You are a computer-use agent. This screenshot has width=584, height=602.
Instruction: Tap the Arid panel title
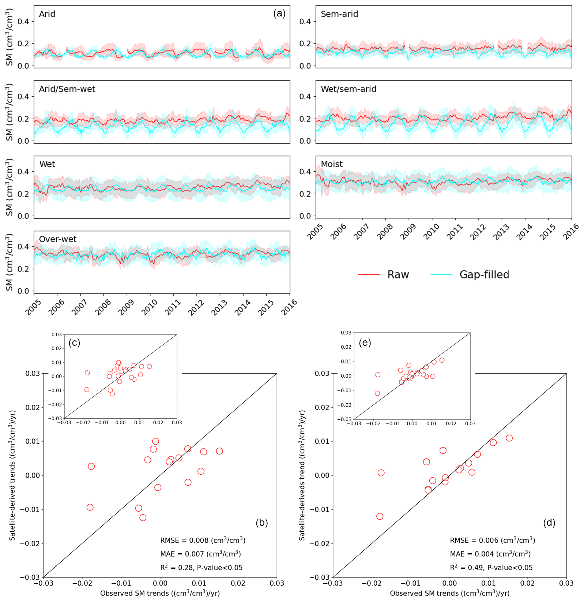coord(47,14)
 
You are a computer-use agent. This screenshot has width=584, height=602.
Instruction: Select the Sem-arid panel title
coord(339,14)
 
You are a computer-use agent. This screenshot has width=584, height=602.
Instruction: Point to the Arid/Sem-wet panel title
coord(67,89)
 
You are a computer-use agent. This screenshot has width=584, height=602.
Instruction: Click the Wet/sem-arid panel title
coord(348,89)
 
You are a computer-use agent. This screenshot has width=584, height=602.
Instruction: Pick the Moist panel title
coord(332,164)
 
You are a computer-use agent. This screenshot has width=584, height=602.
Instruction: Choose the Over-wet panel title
coord(58,239)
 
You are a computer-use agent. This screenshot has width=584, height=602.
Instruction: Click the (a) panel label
coord(279,14)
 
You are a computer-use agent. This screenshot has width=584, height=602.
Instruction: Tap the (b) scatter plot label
coord(262,523)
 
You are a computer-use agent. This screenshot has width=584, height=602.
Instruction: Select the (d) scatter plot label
coord(549,523)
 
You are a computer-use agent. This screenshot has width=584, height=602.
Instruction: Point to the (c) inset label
coord(74,343)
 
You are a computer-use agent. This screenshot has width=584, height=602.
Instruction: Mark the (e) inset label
coord(365,343)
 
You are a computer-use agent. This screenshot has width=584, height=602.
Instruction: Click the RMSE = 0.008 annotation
coord(203,540)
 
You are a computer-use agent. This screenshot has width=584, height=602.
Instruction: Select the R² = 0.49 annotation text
coord(491,568)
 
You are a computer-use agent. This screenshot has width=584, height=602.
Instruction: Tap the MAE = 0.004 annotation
coord(490,554)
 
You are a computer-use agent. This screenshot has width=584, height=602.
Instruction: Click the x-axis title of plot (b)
coord(160,593)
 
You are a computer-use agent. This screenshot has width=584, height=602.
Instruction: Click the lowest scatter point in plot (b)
coord(143,517)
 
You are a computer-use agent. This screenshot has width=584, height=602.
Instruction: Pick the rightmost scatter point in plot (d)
coord(509,438)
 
